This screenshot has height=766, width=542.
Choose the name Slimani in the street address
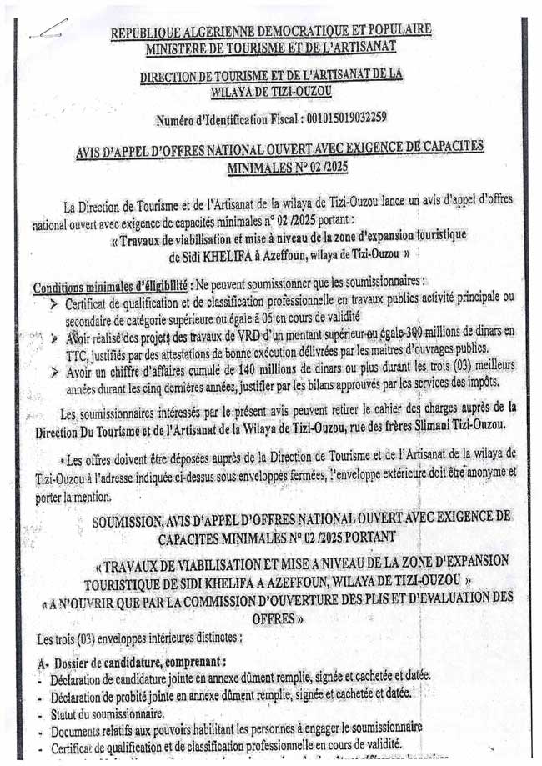tap(396, 424)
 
